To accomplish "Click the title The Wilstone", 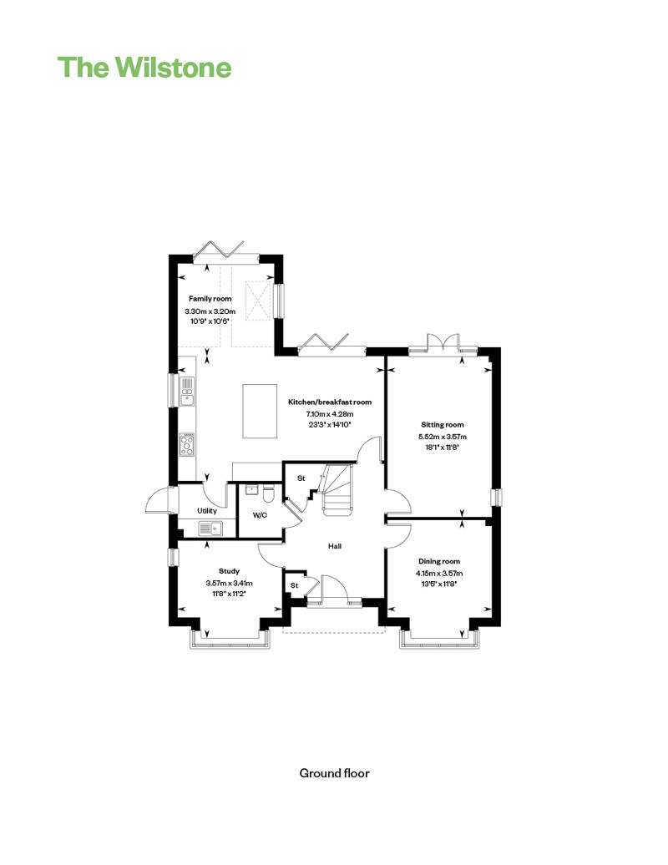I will pyautogui.click(x=144, y=67).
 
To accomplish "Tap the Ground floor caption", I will pyautogui.click(x=334, y=772).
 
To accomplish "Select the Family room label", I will pyautogui.click(x=210, y=298).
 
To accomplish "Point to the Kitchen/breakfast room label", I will pyautogui.click(x=330, y=402).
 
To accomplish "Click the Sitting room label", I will pyautogui.click(x=442, y=424).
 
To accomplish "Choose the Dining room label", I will pyautogui.click(x=438, y=561).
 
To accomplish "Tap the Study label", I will pyautogui.click(x=229, y=571).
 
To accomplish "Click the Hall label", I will pyautogui.click(x=336, y=546).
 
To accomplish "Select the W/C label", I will pyautogui.click(x=260, y=514).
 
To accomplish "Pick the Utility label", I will pyautogui.click(x=207, y=510).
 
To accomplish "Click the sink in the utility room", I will pyautogui.click(x=209, y=528).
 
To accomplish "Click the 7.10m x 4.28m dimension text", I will pyautogui.click(x=330, y=413).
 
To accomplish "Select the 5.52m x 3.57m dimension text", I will pyautogui.click(x=442, y=436).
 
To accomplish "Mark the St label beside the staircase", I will pyautogui.click(x=301, y=478).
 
